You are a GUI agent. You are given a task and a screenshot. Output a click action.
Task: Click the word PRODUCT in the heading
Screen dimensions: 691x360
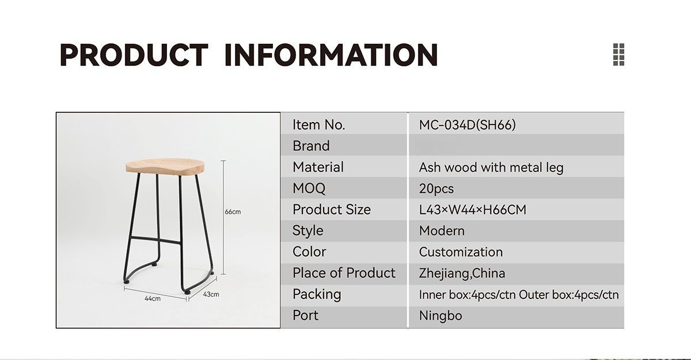[134, 55]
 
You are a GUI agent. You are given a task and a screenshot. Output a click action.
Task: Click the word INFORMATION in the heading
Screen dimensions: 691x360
[331, 55]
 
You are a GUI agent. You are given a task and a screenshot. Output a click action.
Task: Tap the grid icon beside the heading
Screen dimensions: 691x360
[618, 55]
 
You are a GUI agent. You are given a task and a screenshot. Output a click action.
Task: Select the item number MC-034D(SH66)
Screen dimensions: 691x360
[467, 125]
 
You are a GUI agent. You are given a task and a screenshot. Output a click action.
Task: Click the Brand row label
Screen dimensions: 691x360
[311, 146]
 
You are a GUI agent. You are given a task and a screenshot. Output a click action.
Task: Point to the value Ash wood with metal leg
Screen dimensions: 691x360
[491, 168]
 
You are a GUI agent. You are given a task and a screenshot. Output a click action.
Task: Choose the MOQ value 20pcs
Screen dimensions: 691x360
[436, 189]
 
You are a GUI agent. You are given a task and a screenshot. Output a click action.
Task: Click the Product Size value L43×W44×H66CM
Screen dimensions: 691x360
[473, 210]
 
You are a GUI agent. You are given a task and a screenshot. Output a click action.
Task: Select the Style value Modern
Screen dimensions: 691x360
[442, 231]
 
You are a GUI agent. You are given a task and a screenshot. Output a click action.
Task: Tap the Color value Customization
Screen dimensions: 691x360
[461, 252]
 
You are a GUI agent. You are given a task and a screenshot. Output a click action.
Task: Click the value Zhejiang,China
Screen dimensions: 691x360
[462, 274]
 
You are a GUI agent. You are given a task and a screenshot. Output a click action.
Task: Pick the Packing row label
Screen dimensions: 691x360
[317, 294]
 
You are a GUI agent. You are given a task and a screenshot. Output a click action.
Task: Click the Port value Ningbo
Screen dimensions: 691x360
[441, 316]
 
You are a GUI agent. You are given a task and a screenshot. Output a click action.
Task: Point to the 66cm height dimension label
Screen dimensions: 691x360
[233, 212]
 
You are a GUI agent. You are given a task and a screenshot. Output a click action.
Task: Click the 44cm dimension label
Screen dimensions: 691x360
[153, 298]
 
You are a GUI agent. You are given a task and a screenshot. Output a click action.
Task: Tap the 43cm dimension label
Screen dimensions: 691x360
[211, 294]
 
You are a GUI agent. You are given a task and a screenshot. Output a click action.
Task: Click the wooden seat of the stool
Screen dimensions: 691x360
[165, 166]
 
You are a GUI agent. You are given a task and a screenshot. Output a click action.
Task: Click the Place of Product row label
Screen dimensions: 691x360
[344, 273]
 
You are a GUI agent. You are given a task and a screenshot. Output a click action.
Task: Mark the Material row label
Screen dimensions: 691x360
[318, 167]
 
